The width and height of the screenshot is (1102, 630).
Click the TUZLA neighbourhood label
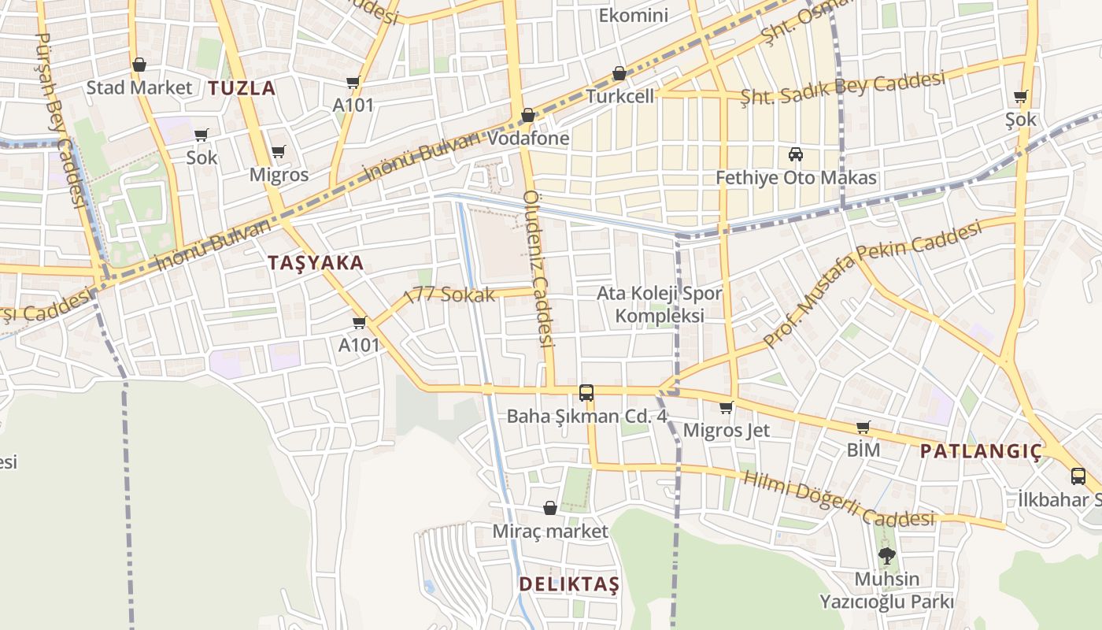pyautogui.click(x=242, y=88)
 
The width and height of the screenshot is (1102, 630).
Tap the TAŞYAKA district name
pyautogui.click(x=316, y=263)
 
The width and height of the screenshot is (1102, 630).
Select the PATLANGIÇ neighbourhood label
pyautogui.click(x=981, y=452)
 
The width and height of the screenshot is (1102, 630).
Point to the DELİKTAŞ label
pyautogui.click(x=569, y=584)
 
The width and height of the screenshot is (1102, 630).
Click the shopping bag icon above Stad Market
pyautogui.click(x=139, y=65)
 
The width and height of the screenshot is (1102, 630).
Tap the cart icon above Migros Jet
pyautogui.click(x=726, y=408)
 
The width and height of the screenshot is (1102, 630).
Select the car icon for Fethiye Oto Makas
pyautogui.click(x=796, y=154)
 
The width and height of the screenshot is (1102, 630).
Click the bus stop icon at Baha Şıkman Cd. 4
pyautogui.click(x=586, y=392)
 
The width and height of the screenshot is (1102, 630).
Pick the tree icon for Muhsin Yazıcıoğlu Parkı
pyautogui.click(x=887, y=555)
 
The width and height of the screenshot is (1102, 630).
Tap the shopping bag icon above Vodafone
pyautogui.click(x=528, y=115)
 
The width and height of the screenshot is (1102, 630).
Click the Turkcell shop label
pyautogui.click(x=620, y=96)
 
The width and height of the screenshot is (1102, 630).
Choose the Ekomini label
pyautogui.click(x=633, y=15)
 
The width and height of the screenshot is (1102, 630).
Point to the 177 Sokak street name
pyautogui.click(x=449, y=296)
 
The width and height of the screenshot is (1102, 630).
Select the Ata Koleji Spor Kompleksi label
pyautogui.click(x=659, y=305)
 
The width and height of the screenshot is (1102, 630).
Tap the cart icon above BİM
pyautogui.click(x=863, y=428)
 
